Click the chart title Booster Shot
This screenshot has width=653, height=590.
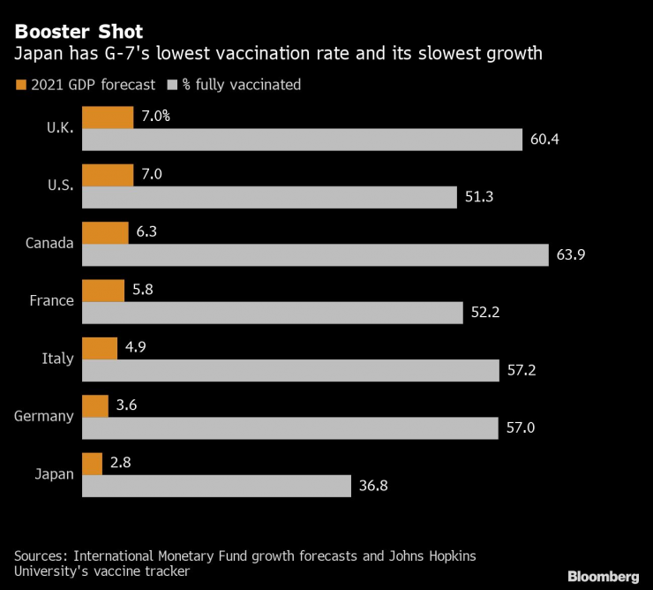79,32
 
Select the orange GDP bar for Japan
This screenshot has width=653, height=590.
92,464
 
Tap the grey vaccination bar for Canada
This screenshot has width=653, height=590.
315,255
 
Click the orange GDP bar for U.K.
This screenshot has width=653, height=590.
108,117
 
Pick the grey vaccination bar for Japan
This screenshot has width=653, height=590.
217,486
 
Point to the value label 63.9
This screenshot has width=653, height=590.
570,255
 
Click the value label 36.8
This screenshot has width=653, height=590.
373,486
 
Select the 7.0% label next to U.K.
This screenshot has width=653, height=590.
155,117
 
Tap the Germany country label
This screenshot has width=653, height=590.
44,416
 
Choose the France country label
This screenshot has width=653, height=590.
51,300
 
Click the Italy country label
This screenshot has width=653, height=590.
57,359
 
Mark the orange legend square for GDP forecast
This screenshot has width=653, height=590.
19,86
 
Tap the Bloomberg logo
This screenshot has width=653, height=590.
604,576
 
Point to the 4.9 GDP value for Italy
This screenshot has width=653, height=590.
135,347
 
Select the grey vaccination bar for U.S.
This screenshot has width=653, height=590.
269,197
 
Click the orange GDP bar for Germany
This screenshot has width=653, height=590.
94,405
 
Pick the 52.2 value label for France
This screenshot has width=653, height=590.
484,313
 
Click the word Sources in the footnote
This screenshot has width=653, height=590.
42,556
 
